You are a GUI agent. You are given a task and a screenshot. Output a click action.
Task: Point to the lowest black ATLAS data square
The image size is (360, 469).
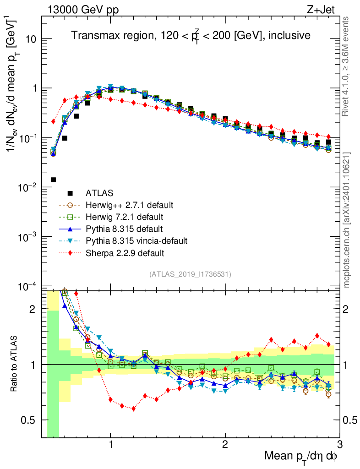pos(53,180)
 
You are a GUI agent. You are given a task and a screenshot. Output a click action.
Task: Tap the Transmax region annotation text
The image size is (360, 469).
pos(190,35)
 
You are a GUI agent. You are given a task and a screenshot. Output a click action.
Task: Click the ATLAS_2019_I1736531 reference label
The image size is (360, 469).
pos(190,274)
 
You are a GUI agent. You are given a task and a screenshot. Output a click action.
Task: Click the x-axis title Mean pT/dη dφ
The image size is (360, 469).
pos(301,456)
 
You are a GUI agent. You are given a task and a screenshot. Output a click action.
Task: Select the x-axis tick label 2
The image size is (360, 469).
pos(225,444)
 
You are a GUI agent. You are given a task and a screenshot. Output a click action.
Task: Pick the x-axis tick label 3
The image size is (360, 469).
pos(339,444)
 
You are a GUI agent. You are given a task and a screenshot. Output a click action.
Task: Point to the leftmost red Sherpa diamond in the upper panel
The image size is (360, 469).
pos(53,121)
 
